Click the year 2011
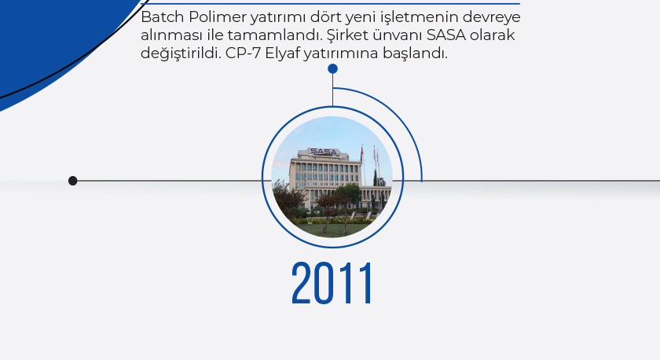[332, 283]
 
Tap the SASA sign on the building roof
[324, 152]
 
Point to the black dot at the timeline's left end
[73, 181]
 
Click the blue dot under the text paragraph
[332, 68]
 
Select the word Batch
[163, 17]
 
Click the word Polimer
[218, 17]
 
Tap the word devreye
[492, 18]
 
